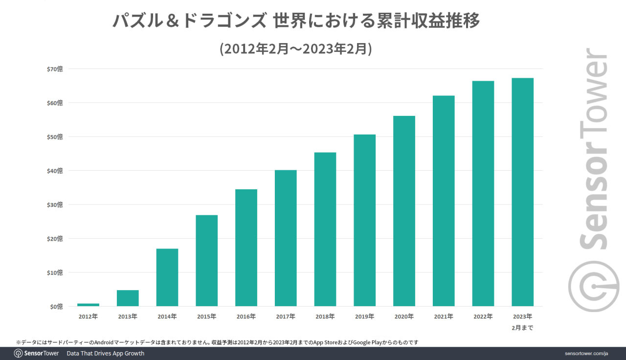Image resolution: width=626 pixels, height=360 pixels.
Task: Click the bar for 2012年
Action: pos(88,305)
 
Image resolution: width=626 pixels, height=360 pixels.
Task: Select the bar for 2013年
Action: pos(128,298)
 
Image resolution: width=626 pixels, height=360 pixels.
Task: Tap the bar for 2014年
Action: pos(167,277)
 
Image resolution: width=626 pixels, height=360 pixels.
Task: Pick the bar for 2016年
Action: pos(246,247)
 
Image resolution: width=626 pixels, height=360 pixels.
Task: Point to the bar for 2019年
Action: pos(364,220)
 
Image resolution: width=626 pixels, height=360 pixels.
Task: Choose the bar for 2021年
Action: pos(444,201)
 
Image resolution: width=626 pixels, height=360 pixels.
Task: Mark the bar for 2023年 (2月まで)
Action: pos(522,192)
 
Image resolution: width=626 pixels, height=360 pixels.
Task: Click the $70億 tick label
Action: pos(55,69)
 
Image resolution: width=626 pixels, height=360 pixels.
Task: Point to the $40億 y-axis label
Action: pos(55,171)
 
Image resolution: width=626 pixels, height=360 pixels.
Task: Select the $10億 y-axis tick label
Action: pos(55,272)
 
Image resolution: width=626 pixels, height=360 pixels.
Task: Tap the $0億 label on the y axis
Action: pos(57,307)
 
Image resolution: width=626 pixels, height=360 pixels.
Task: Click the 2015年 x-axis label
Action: pos(206,316)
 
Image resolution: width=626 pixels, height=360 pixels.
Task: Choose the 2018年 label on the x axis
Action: pos(325,316)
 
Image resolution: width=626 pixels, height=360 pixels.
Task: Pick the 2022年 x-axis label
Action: pos(483,316)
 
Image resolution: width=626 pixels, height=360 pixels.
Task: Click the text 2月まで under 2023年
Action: pos(522,328)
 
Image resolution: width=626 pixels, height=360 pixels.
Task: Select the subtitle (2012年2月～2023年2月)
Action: pos(296,49)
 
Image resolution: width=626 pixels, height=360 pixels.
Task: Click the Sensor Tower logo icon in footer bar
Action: pos(18,353)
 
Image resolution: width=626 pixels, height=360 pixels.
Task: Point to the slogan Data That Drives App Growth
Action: pos(105,353)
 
